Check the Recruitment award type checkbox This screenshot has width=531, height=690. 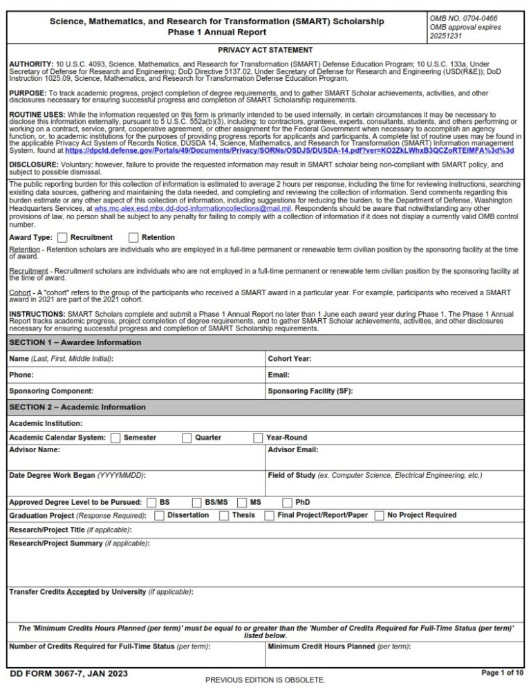pos(62,237)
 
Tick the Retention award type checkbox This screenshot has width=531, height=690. pos(133,237)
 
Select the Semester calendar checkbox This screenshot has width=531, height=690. pos(115,438)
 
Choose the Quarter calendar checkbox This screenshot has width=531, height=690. pos(187,438)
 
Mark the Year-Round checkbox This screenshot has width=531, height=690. pos(258,438)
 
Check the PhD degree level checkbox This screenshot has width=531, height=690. pos(288,503)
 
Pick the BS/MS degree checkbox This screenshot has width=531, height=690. pos(197,503)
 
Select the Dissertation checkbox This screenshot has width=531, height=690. pos(159,516)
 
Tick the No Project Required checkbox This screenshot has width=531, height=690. pos(379,516)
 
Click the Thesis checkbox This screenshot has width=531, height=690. pos(224,516)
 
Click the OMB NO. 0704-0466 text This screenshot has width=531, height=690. pos(463,18)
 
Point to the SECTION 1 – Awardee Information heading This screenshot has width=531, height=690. pos(75,343)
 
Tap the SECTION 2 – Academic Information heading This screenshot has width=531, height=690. pos(77,407)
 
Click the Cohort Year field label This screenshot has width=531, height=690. pos(289,359)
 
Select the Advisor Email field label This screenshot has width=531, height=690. pos(292,450)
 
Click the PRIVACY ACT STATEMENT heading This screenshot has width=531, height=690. pos(265,50)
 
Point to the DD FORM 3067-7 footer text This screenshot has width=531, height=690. pos(68,673)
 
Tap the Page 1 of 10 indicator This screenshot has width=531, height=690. pos(502,673)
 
